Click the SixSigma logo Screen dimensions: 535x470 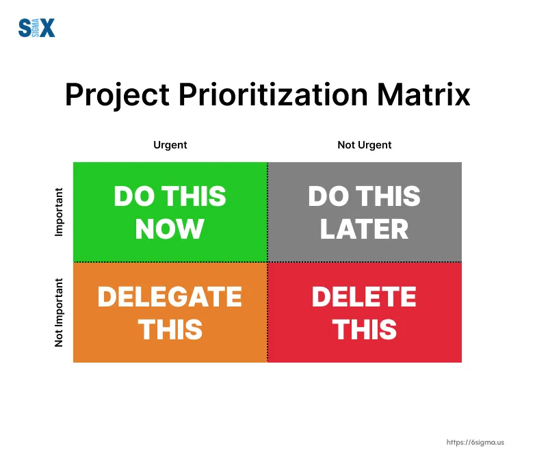[x=36, y=27]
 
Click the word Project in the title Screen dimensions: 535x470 [x=118, y=95]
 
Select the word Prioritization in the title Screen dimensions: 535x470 [x=273, y=94]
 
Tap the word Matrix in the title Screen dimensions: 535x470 [x=423, y=94]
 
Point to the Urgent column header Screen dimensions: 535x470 [x=170, y=145]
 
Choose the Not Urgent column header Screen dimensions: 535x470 [x=365, y=145]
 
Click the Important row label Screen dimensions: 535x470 [x=59, y=212]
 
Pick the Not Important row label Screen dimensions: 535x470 [x=59, y=313]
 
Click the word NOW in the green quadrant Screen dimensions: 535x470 [x=170, y=229]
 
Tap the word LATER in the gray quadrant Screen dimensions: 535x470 [x=364, y=229]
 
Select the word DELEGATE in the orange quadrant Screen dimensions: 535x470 [x=170, y=296]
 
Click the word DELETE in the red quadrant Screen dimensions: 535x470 [x=364, y=296]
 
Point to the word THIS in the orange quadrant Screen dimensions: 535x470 [x=170, y=330]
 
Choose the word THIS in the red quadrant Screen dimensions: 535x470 [x=365, y=330]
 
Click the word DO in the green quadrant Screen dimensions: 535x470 [x=134, y=196]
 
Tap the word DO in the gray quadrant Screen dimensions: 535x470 [x=328, y=196]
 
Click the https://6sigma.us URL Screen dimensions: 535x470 [x=475, y=443]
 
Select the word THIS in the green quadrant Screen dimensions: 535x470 [x=194, y=196]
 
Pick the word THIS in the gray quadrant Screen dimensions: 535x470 [x=389, y=196]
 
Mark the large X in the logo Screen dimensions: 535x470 [x=47, y=27]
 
